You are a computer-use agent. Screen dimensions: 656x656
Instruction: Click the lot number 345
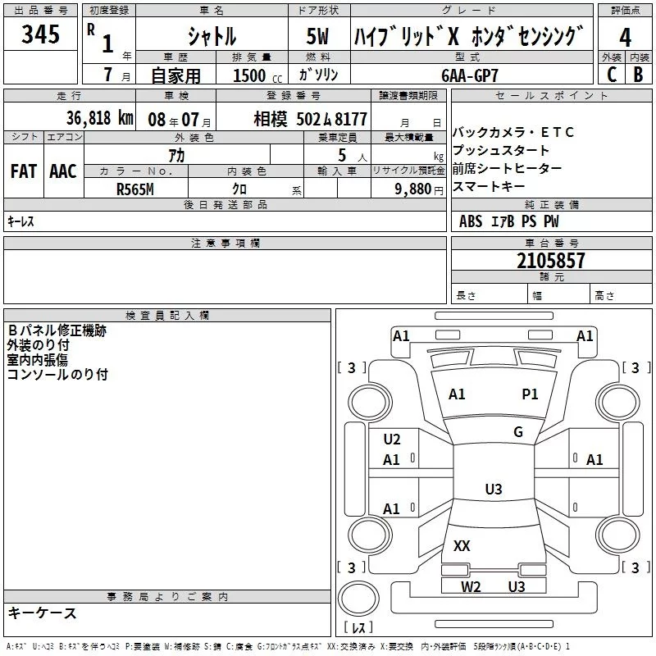click(40, 34)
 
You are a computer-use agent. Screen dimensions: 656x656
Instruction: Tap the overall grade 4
click(625, 38)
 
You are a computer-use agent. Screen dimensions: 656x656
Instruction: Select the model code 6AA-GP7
click(470, 75)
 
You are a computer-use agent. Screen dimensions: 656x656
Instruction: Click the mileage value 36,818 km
click(100, 118)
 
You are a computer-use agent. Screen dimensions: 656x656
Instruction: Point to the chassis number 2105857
click(550, 261)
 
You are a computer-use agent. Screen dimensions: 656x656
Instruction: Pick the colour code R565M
click(135, 189)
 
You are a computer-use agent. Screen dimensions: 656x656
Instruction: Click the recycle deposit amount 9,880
click(413, 189)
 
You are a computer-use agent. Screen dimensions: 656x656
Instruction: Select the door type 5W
click(317, 36)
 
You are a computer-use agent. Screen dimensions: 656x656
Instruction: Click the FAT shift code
click(24, 171)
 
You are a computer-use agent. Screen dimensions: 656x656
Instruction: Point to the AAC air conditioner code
click(63, 171)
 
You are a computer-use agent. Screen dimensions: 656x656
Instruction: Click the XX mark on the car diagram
click(462, 545)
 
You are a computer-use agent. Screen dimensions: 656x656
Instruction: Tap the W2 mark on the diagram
click(471, 586)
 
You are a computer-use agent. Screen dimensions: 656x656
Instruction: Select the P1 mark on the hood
click(530, 394)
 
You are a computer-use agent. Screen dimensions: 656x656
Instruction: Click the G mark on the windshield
click(518, 431)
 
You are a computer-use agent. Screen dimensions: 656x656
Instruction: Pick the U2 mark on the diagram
click(392, 439)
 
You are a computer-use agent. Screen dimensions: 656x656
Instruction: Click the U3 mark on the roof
click(494, 489)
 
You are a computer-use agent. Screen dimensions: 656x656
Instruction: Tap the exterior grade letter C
click(612, 75)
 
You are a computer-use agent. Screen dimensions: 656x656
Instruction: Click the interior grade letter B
click(638, 75)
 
